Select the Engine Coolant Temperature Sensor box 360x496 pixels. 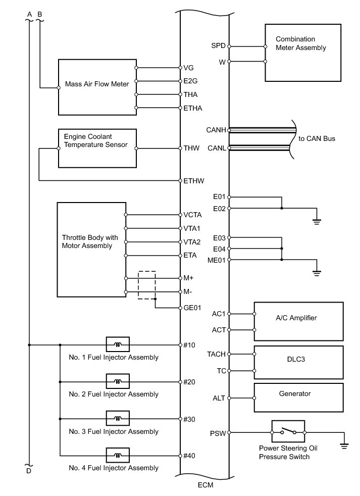(x=97, y=148)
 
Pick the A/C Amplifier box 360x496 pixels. (x=298, y=321)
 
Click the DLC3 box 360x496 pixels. (x=298, y=362)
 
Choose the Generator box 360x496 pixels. (x=298, y=397)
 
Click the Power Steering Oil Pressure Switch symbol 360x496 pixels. (x=288, y=432)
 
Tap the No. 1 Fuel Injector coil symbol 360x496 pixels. (x=118, y=345)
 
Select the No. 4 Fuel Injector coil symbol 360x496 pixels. (x=118, y=456)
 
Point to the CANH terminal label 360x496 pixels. (x=216, y=130)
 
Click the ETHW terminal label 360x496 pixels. (x=193, y=180)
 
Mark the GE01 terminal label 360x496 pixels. (x=192, y=308)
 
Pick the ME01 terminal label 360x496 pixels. (x=217, y=260)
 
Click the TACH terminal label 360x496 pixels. (x=216, y=354)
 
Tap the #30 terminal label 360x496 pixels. (x=189, y=419)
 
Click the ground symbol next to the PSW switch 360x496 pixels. (x=344, y=444)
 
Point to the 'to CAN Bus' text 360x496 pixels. (x=317, y=138)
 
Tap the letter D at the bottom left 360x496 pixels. (x=29, y=471)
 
